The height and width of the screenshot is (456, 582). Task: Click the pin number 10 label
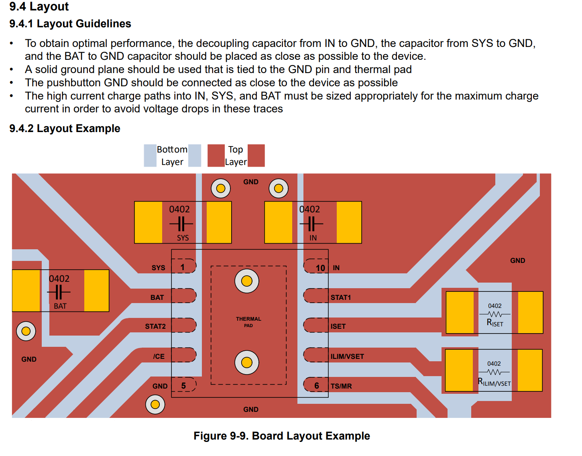point(320,268)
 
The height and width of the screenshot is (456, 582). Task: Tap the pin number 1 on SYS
point(183,267)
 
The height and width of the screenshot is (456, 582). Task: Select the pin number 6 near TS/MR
point(316,386)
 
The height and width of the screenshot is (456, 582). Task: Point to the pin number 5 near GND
point(183,386)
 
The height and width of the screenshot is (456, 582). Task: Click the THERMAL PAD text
point(248,322)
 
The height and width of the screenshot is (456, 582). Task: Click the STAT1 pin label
point(341,297)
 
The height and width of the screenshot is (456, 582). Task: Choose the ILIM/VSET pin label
point(347,356)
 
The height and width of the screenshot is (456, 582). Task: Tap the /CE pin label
point(159,356)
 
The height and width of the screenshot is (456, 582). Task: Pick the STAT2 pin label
point(155,326)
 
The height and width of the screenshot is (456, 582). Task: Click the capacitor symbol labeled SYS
point(181,224)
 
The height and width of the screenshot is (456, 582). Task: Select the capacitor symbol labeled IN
point(311,224)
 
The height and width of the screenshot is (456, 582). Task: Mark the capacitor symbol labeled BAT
point(59,292)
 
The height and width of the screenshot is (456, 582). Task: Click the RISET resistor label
point(494,323)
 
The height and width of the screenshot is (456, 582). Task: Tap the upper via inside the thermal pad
point(247,281)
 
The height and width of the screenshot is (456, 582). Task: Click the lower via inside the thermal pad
point(247,362)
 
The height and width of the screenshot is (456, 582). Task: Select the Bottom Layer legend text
point(172,156)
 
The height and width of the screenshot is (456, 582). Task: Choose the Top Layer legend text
point(236,156)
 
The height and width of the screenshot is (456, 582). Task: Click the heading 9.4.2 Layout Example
point(65,128)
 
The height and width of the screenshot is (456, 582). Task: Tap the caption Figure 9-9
point(281,436)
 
